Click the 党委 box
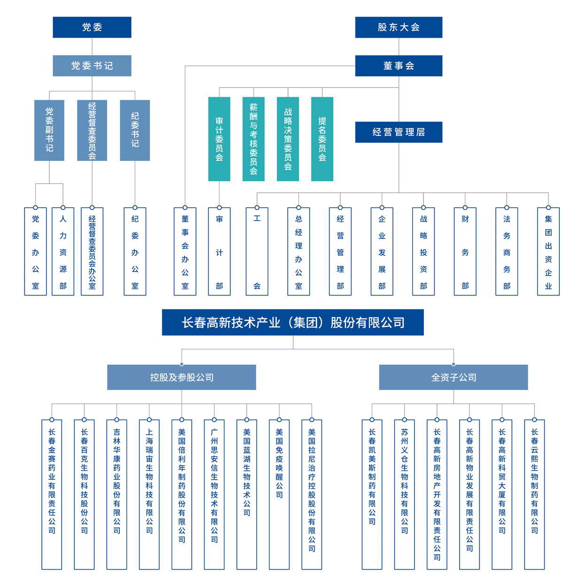click(92, 27)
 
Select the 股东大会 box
click(399, 27)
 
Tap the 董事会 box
click(399, 65)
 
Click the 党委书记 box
click(92, 65)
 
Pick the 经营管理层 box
click(399, 132)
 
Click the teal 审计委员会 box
click(219, 139)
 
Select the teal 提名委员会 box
click(322, 139)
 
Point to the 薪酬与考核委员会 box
click(253, 139)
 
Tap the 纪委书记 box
click(135, 130)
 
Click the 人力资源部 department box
click(63, 252)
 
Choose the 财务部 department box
click(465, 252)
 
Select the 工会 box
click(257, 252)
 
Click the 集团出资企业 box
click(548, 252)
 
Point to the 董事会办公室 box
click(185, 252)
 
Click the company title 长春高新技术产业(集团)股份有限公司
click(293, 322)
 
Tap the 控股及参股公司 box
click(181, 377)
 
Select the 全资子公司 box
click(454, 377)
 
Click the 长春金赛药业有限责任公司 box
click(52, 494)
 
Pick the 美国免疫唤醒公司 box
click(279, 494)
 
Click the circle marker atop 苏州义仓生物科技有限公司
click(404, 420)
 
